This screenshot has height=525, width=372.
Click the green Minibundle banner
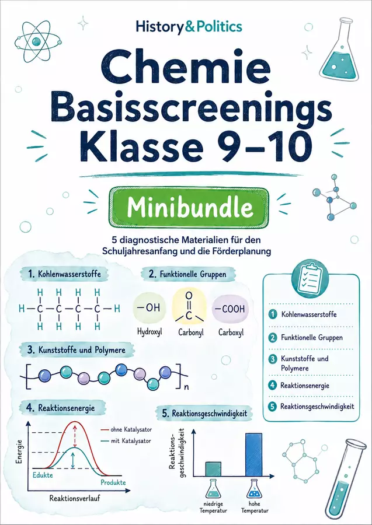point(189,207)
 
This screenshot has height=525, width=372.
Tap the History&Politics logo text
point(189,27)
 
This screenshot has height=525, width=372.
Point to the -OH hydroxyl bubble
point(149,308)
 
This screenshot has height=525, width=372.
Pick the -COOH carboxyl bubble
point(230,309)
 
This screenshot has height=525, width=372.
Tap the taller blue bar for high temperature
point(253,454)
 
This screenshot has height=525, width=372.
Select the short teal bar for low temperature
point(213,469)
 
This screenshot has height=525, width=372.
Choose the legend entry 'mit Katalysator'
point(126,441)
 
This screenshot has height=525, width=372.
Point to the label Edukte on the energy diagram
point(43,475)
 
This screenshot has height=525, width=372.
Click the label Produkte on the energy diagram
point(113,482)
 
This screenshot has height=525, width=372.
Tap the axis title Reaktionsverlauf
point(75,498)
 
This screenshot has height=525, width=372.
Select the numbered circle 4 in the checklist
point(273,385)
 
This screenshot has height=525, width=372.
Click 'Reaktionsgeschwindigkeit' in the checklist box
point(317,407)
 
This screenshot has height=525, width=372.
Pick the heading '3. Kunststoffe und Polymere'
point(77,350)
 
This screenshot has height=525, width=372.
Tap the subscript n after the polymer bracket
point(187,388)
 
